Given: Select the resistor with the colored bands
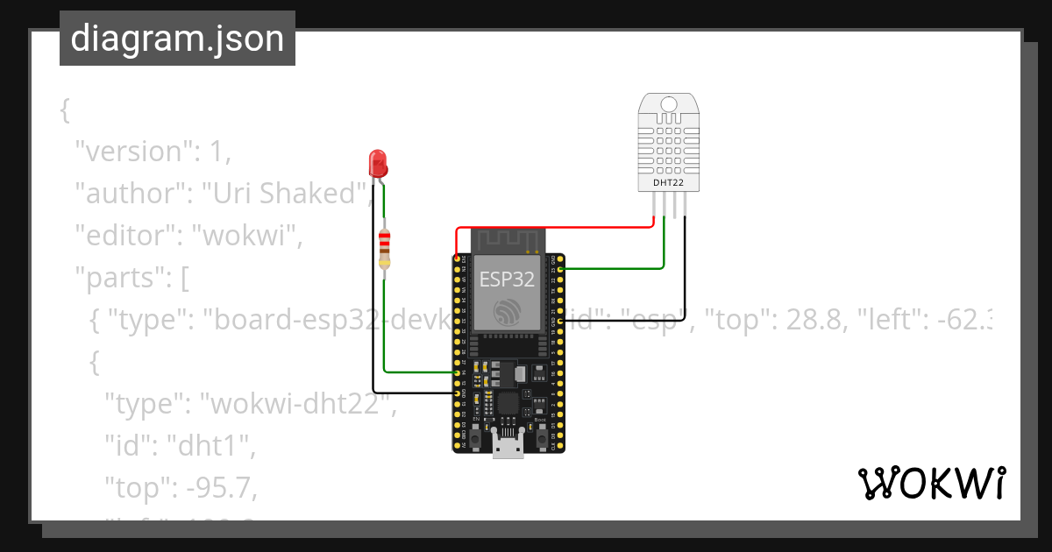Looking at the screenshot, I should [384, 249].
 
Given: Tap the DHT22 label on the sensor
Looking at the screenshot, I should [669, 183].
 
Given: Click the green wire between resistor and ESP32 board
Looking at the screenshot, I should [412, 372].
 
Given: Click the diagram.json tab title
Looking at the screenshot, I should [177, 39].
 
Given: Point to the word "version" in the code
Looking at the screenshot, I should [133, 152].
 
